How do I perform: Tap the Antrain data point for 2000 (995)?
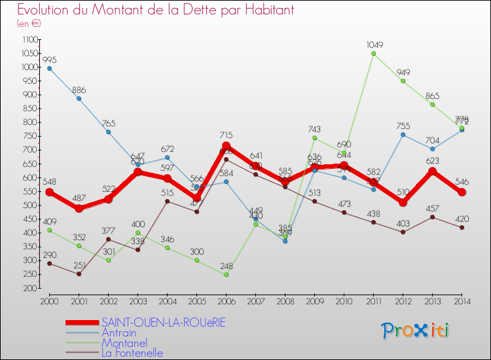point(50,68)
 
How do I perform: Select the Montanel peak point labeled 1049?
point(373,54)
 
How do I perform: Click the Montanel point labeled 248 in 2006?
point(226,274)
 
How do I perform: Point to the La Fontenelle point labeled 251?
point(79,274)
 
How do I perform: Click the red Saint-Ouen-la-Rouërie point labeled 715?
point(226,145)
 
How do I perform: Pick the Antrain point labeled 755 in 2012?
point(403,135)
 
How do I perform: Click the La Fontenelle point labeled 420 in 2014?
point(462,227)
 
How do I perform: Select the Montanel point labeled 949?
point(403,81)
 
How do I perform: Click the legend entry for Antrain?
point(118,333)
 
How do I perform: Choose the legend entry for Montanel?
point(124,342)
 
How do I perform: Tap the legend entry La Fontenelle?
point(132,353)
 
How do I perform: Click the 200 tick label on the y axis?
point(30,288)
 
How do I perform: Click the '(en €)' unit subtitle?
point(29,24)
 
